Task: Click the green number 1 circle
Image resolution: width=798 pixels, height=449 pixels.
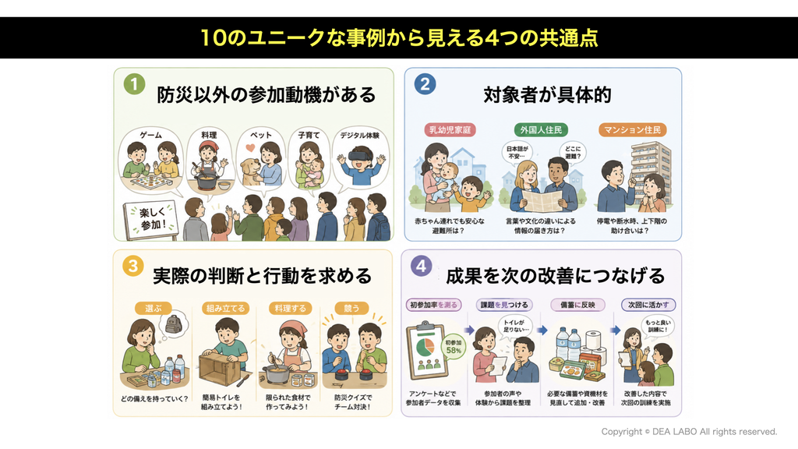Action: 134,84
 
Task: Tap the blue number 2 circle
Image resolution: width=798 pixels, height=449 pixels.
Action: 425,84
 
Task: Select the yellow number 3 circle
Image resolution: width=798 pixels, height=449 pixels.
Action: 132,266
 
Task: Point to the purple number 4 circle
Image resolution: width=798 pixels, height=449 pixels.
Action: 421,265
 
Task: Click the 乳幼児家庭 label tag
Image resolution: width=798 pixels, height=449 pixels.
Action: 450,130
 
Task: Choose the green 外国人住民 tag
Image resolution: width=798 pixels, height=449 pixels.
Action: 541,130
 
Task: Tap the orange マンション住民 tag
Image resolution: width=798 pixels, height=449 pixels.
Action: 632,130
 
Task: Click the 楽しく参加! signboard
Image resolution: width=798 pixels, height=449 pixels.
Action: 151,220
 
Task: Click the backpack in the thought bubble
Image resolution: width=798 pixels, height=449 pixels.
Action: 174,323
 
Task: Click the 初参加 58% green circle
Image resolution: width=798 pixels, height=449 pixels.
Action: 453,346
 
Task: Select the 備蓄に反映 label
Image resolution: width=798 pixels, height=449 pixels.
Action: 577,305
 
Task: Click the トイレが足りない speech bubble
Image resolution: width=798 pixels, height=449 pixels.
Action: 516,326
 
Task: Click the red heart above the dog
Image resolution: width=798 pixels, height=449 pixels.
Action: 250,148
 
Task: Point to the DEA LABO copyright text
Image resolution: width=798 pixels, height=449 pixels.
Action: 689,432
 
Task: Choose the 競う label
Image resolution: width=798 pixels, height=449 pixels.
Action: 351,308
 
